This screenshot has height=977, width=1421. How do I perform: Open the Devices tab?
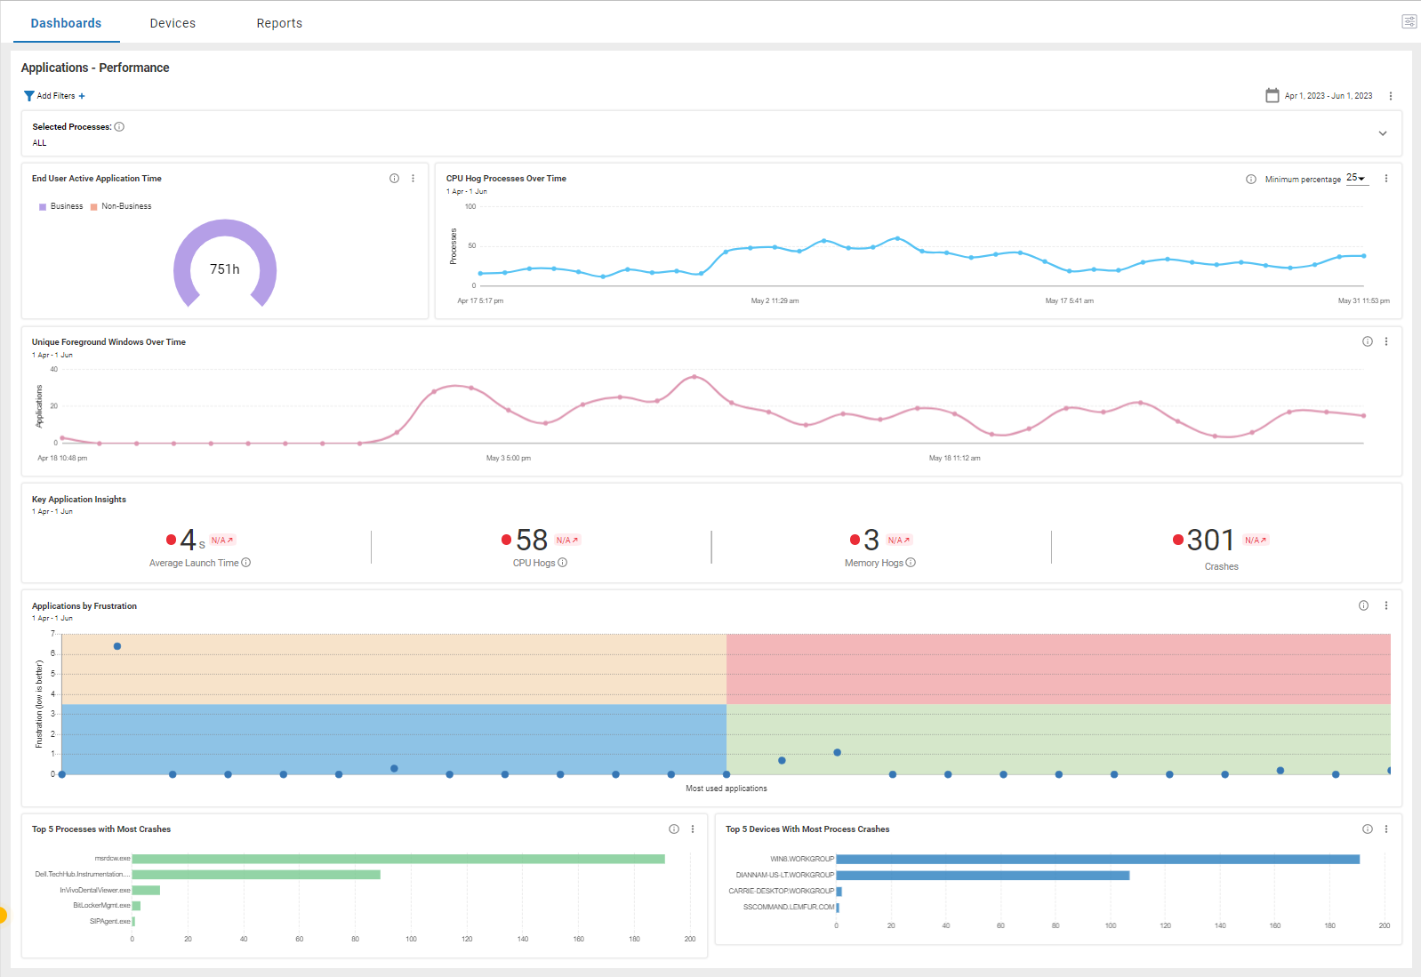(173, 23)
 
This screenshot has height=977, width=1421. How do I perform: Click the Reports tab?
(279, 23)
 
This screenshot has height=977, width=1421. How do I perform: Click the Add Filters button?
(55, 96)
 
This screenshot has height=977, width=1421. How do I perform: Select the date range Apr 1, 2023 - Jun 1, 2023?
(1327, 96)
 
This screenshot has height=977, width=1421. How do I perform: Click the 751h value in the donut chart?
(225, 269)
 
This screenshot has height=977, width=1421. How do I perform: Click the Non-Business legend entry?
(125, 206)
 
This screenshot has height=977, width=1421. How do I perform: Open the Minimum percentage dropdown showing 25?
(1355, 179)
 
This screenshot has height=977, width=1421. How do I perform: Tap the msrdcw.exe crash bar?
(398, 859)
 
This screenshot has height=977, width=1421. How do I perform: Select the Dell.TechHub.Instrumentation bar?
(256, 875)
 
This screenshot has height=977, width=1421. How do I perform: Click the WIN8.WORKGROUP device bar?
(1097, 859)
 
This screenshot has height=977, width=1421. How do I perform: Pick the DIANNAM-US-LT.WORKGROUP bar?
(983, 876)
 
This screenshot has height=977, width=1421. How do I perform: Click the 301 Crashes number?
(1210, 541)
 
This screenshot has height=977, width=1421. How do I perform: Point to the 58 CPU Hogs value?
(532, 541)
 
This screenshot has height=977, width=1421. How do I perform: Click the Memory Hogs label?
(874, 564)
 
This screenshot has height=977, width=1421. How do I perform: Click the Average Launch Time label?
(194, 564)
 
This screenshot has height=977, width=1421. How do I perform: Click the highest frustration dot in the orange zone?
(117, 646)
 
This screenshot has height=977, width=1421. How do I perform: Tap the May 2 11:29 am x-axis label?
(775, 301)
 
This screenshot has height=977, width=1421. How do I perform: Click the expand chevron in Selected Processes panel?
(1383, 133)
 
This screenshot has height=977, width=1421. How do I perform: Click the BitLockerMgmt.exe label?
(101, 906)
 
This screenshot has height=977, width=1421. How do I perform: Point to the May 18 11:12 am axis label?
(954, 459)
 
